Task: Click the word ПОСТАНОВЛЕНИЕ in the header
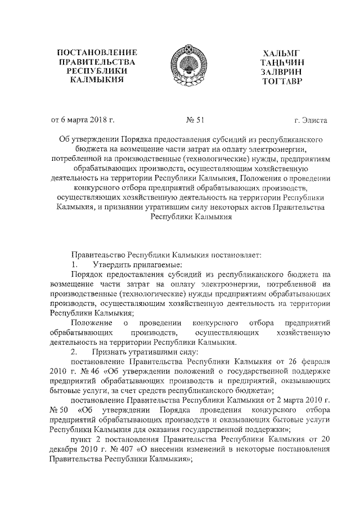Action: (x=98, y=53)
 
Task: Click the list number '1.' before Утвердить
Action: (x=73, y=264)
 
